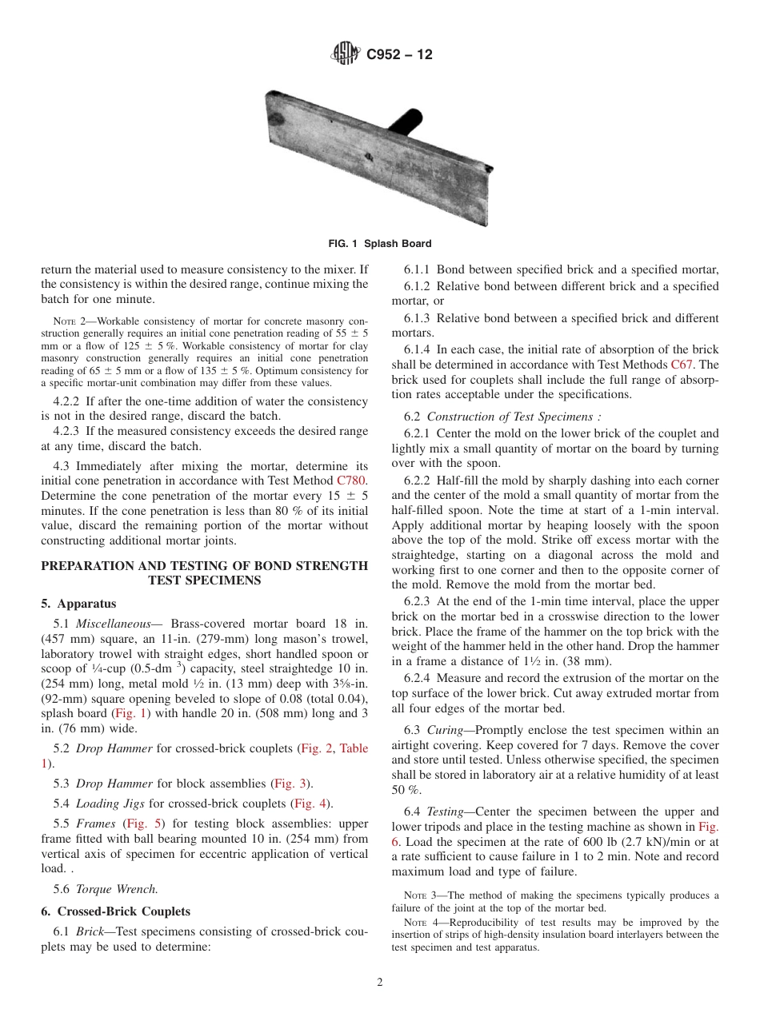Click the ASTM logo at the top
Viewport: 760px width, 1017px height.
[346, 54]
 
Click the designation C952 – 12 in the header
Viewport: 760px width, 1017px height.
[399, 54]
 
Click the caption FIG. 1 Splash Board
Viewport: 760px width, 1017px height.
[379, 244]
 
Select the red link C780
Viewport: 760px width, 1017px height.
[351, 481]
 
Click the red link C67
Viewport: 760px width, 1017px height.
[682, 365]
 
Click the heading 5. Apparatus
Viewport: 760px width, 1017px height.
[78, 604]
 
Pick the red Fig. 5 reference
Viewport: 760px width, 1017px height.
[142, 823]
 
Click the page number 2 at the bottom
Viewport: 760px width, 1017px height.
[380, 983]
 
